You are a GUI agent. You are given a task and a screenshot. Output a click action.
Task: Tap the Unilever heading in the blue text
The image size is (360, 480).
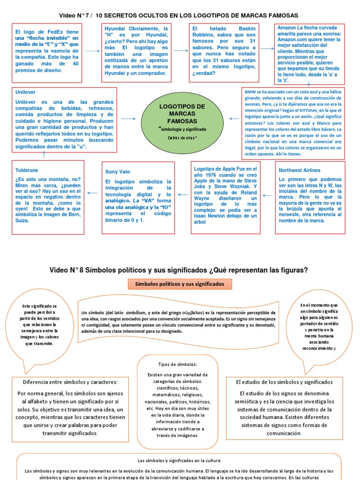[x=25, y=92]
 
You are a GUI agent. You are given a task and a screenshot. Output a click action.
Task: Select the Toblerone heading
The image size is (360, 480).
[x=27, y=170]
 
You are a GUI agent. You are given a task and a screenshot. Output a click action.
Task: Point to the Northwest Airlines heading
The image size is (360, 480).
[x=300, y=170]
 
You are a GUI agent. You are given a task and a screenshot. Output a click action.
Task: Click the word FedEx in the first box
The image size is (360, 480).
[x=52, y=31]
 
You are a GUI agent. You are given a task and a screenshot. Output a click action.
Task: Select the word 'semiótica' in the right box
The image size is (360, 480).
[x=255, y=402]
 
